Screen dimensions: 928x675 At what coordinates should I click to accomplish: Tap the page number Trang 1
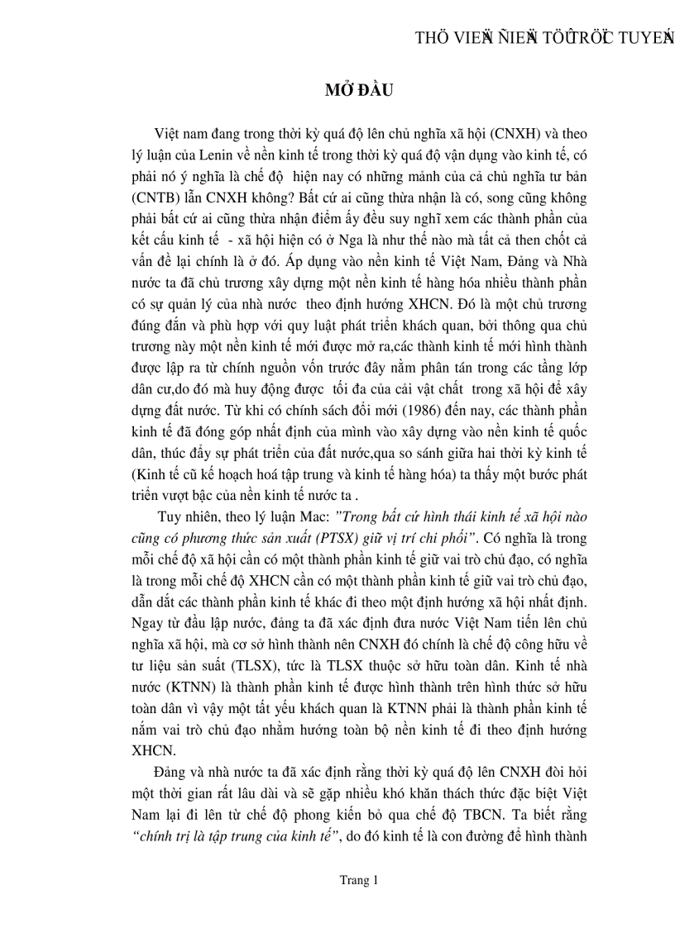(358, 881)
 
